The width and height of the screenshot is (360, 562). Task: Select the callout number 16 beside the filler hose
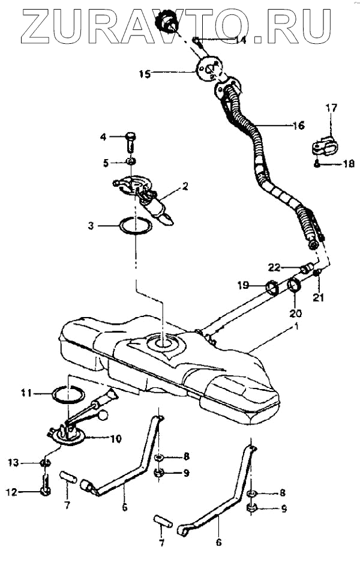[x=298, y=125]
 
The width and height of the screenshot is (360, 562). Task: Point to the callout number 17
[x=331, y=108]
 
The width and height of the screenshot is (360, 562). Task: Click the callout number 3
[x=91, y=226]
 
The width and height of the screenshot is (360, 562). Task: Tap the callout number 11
[x=25, y=393]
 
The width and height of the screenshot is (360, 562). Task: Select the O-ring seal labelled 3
[x=135, y=228]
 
